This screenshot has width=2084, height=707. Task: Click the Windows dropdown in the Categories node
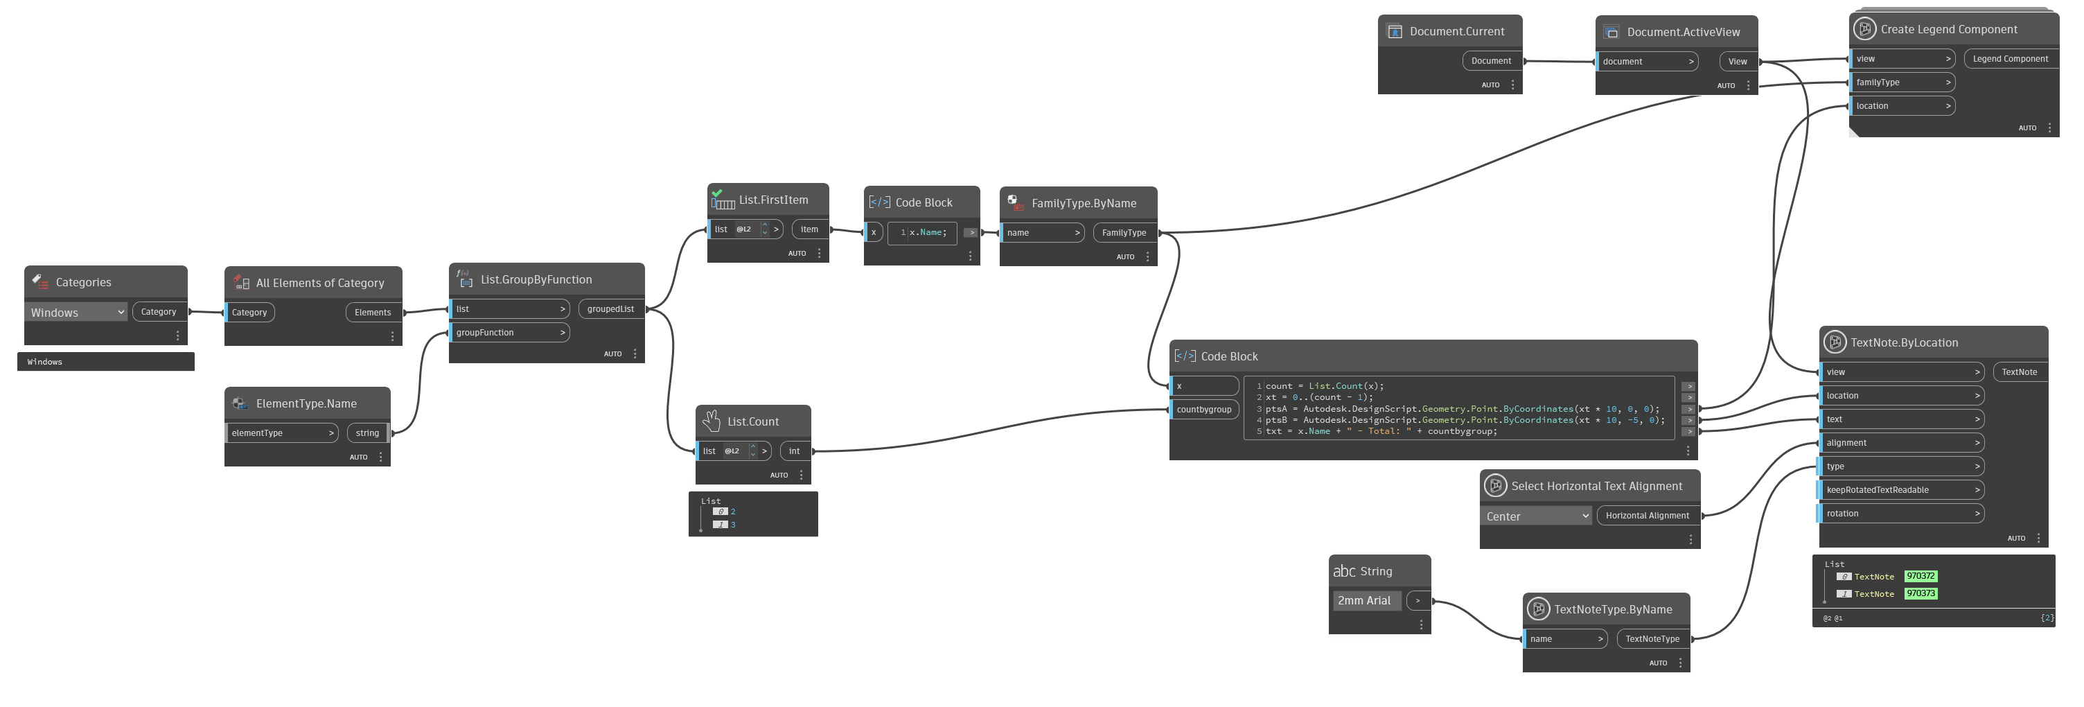click(x=77, y=312)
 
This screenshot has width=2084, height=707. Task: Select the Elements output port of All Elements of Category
click(x=372, y=312)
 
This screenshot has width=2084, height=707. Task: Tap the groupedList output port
click(x=611, y=309)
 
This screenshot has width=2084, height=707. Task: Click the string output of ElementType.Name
click(x=367, y=433)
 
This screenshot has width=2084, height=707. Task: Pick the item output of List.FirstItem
click(x=809, y=229)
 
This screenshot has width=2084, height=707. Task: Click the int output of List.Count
click(x=795, y=451)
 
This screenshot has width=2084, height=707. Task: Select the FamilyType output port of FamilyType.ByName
click(x=1124, y=233)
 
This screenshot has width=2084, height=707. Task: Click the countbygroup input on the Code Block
click(x=1204, y=410)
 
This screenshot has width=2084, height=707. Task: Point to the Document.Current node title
click(x=1457, y=32)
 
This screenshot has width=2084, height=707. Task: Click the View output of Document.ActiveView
click(x=1737, y=62)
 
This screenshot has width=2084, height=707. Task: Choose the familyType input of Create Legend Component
click(x=1901, y=82)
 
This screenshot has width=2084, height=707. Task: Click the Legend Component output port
click(x=2011, y=59)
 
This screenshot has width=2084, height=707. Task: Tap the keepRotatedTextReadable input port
click(x=1901, y=490)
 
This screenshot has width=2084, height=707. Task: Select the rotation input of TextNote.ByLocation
click(x=1901, y=514)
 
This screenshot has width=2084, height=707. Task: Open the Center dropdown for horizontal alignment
click(x=1536, y=516)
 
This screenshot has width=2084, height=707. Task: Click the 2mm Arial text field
click(x=1366, y=601)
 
